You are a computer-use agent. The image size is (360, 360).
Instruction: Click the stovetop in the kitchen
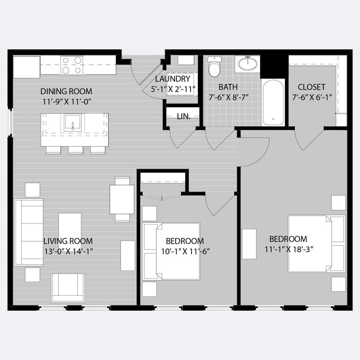pos(72,65)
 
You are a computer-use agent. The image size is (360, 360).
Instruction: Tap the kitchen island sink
pos(73,123)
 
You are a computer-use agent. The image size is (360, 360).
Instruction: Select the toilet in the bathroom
pos(215,66)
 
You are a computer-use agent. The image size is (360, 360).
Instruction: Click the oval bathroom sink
pos(248,63)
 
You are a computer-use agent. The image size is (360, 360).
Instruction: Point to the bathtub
pos(273,102)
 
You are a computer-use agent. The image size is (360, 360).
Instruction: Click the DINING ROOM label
pos(66,91)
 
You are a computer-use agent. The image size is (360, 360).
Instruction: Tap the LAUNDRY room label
pos(173,79)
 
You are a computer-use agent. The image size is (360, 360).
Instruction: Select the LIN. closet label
pos(184,117)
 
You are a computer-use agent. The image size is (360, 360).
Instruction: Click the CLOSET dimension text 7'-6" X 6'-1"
pos(312,98)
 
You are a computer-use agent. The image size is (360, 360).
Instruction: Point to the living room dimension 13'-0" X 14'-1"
pos(68,252)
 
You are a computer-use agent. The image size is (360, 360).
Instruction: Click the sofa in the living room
pos(29,232)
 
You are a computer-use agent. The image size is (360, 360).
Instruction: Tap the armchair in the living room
pos(68,288)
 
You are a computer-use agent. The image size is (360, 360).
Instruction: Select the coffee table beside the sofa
pos(70,228)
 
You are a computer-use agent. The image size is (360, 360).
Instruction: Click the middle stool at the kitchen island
pos(76,150)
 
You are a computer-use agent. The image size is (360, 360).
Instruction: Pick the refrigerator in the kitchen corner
pos(26,67)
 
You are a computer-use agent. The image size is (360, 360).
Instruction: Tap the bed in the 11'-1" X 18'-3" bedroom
pos(316,244)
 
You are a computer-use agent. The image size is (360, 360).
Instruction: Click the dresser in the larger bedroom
pos(249,244)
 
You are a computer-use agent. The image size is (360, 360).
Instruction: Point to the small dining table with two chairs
pos(122,199)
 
